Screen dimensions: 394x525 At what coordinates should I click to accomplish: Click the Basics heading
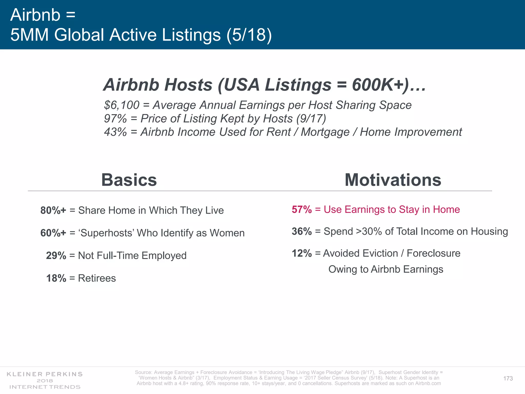(x=129, y=180)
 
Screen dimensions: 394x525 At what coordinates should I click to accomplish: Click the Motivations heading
(x=393, y=180)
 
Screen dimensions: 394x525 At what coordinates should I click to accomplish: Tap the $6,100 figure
(x=122, y=105)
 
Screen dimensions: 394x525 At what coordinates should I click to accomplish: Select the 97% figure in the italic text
(x=115, y=119)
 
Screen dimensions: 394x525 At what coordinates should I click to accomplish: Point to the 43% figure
(x=115, y=132)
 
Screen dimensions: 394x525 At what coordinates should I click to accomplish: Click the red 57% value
(x=302, y=210)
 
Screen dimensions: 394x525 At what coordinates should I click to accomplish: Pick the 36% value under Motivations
(x=302, y=231)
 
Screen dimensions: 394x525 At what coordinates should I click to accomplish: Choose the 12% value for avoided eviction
(x=302, y=253)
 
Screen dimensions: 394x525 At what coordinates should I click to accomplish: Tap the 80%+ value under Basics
(x=53, y=210)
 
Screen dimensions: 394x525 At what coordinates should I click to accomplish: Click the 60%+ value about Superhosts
(x=53, y=233)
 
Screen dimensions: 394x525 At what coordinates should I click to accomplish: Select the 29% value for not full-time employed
(x=56, y=255)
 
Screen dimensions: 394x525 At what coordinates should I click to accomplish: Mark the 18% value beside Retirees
(x=56, y=278)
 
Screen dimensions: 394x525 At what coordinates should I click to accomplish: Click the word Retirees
(x=97, y=278)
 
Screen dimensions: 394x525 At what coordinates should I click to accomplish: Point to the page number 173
(x=508, y=378)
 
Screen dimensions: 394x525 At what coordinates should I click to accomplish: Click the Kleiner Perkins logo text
(x=45, y=374)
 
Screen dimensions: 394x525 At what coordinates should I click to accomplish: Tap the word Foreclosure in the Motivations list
(x=433, y=253)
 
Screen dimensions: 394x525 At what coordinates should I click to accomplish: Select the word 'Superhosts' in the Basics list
(x=106, y=233)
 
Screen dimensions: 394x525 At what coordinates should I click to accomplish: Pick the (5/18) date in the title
(x=249, y=35)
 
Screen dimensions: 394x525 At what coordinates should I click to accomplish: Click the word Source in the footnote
(x=143, y=372)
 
